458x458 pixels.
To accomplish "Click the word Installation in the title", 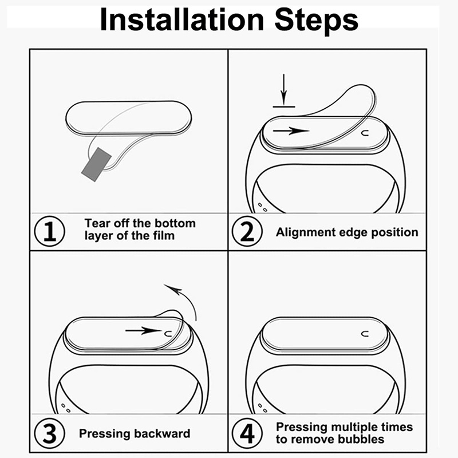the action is pyautogui.click(x=182, y=19).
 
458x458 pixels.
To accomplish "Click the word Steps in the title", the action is pyautogui.click(x=317, y=21).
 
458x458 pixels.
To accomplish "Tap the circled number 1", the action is pyautogui.click(x=50, y=231).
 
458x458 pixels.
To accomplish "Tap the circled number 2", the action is pyautogui.click(x=247, y=231).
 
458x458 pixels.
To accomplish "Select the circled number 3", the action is pyautogui.click(x=50, y=433).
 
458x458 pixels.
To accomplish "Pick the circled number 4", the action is pyautogui.click(x=247, y=433).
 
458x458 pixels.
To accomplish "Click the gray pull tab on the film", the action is pyautogui.click(x=96, y=164).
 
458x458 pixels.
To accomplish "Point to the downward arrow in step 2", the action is pyautogui.click(x=283, y=89).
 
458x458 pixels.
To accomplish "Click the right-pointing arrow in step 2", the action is pyautogui.click(x=291, y=131).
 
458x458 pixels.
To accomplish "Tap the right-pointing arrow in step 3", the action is pyautogui.click(x=144, y=331).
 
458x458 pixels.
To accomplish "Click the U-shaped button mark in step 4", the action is pyautogui.click(x=365, y=334).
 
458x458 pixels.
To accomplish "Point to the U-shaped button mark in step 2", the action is pyautogui.click(x=365, y=133).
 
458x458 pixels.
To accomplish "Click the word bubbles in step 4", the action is pyautogui.click(x=360, y=439).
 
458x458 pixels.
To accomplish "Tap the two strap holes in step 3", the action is pyautogui.click(x=66, y=408).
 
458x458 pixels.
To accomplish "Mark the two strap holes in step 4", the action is pyautogui.click(x=263, y=408).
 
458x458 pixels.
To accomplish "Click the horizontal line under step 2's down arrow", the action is pyautogui.click(x=284, y=107).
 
